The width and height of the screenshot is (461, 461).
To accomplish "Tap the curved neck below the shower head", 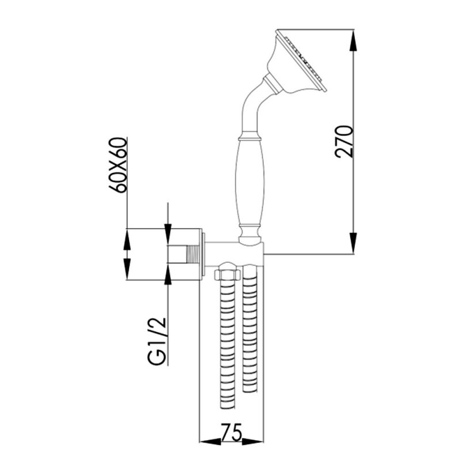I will point(252,107).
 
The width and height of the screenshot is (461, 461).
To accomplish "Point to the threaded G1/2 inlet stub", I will point(184,254).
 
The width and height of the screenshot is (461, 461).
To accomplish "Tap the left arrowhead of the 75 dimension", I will point(204,441).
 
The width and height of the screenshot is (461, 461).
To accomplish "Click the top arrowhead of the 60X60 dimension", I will point(127,235).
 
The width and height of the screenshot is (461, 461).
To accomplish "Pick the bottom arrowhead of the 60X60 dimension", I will point(127,274).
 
